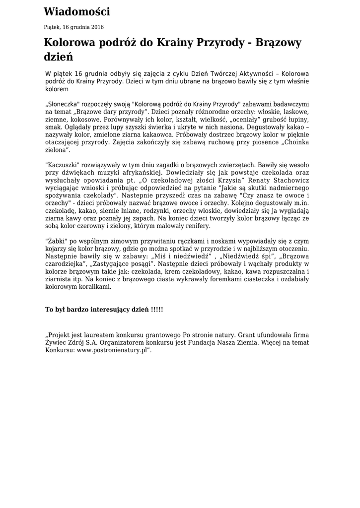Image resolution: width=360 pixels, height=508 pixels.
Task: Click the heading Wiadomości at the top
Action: click(76, 12)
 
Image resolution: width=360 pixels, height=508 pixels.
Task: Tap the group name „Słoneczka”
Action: click(63, 105)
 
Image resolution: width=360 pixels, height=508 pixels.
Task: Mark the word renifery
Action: click(197, 226)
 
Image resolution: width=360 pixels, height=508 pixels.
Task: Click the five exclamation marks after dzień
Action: click(157, 310)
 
